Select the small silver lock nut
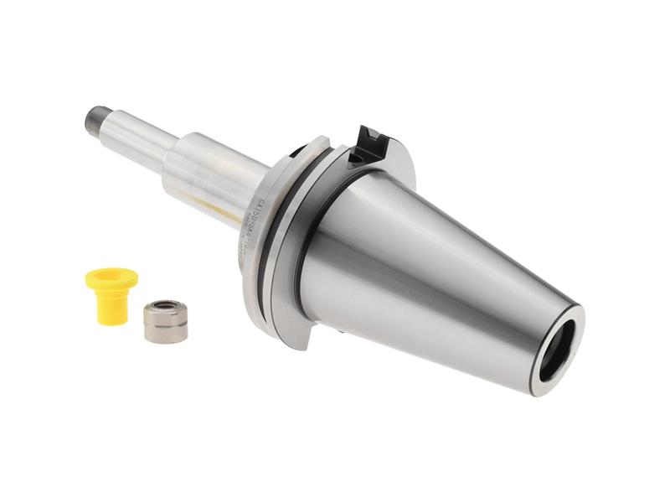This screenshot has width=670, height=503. click(164, 322)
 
